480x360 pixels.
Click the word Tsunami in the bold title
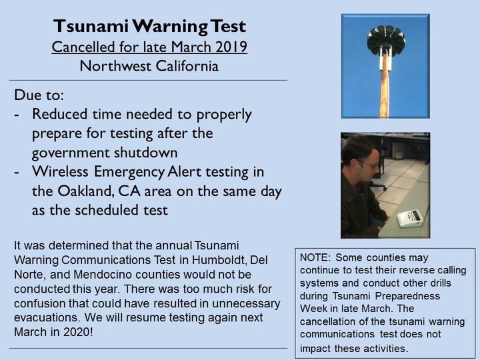point(91,26)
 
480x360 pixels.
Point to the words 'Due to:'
point(39,95)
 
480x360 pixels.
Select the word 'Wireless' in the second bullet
point(60,171)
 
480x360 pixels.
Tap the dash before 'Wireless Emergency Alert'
point(17,173)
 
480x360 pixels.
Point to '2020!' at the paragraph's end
point(78,332)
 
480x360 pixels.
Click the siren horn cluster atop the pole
point(386,40)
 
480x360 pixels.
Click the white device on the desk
point(411,217)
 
